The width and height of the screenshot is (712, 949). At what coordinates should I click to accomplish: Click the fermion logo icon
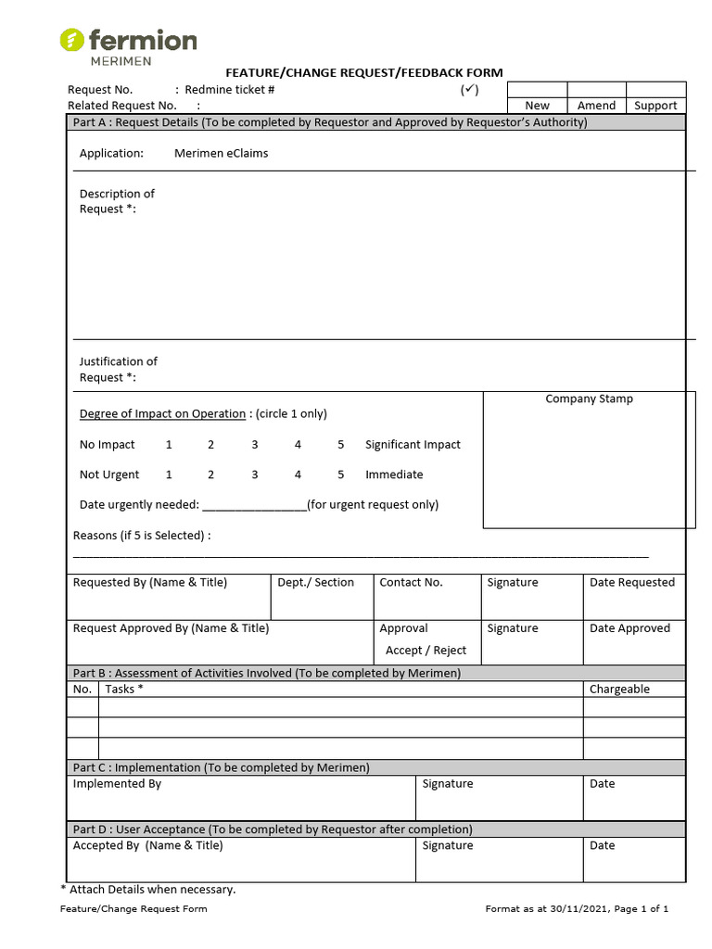coord(72,40)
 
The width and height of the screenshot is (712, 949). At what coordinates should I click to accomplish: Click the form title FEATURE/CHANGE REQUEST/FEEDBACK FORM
coord(364,72)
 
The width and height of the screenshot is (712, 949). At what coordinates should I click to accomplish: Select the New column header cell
coord(537,106)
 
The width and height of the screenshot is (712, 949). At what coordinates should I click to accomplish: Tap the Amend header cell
coord(596,106)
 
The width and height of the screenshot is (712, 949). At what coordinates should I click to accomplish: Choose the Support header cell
coord(655,106)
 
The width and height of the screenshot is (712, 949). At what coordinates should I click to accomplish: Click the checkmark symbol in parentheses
coord(469,90)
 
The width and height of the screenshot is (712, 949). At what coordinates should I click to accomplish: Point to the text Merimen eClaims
coord(221,153)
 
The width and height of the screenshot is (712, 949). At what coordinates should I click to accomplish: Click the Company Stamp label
coord(589,399)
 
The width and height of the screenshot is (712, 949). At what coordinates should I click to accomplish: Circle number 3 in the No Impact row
coord(254,445)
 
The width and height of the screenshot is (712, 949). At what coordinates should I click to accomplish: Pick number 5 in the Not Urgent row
coord(340,474)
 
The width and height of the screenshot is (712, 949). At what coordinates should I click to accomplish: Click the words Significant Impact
coord(413,445)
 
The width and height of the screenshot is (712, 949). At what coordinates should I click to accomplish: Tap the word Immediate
coord(394,474)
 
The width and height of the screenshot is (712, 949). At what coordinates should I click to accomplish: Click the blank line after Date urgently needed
coord(254,505)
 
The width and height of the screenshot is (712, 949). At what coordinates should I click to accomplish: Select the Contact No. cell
coord(411,582)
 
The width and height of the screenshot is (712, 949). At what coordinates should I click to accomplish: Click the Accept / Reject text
coord(426,651)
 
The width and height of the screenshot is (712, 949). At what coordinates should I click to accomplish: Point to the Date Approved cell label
coord(629,628)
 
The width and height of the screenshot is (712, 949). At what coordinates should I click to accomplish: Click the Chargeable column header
coord(619,689)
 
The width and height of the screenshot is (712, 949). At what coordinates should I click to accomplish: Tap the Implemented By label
coord(117,784)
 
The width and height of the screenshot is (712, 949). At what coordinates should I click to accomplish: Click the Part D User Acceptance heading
coord(273,829)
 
